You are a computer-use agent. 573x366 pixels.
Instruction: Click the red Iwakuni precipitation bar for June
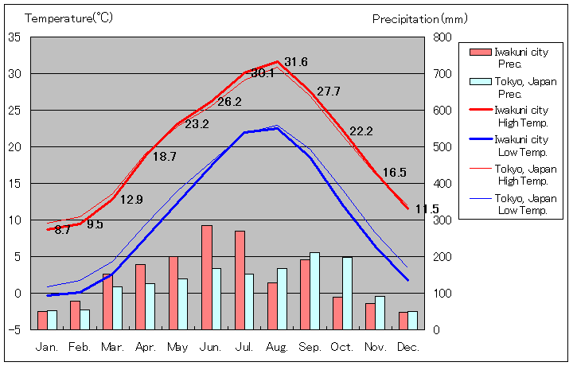click(207, 277)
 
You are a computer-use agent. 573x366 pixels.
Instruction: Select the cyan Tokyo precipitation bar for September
click(315, 290)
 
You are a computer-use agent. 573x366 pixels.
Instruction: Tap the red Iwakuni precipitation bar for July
click(240, 280)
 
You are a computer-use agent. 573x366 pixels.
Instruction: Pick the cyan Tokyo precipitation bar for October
click(348, 293)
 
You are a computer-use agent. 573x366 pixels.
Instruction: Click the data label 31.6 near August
click(296, 62)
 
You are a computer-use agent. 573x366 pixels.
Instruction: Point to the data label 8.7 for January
click(63, 230)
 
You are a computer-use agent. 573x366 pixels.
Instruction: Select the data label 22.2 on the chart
click(361, 131)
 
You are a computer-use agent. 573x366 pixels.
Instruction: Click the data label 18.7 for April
click(164, 157)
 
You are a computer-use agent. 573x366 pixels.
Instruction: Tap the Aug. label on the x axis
click(277, 348)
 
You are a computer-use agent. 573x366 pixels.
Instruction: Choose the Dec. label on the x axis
click(407, 348)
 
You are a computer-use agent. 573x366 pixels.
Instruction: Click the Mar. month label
click(112, 348)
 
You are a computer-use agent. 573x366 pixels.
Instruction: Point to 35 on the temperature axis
click(15, 37)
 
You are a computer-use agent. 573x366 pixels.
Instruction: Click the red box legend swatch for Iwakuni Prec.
click(480, 53)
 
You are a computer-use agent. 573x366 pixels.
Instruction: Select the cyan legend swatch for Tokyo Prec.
click(480, 81)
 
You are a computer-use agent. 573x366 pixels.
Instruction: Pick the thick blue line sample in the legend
click(480, 139)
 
